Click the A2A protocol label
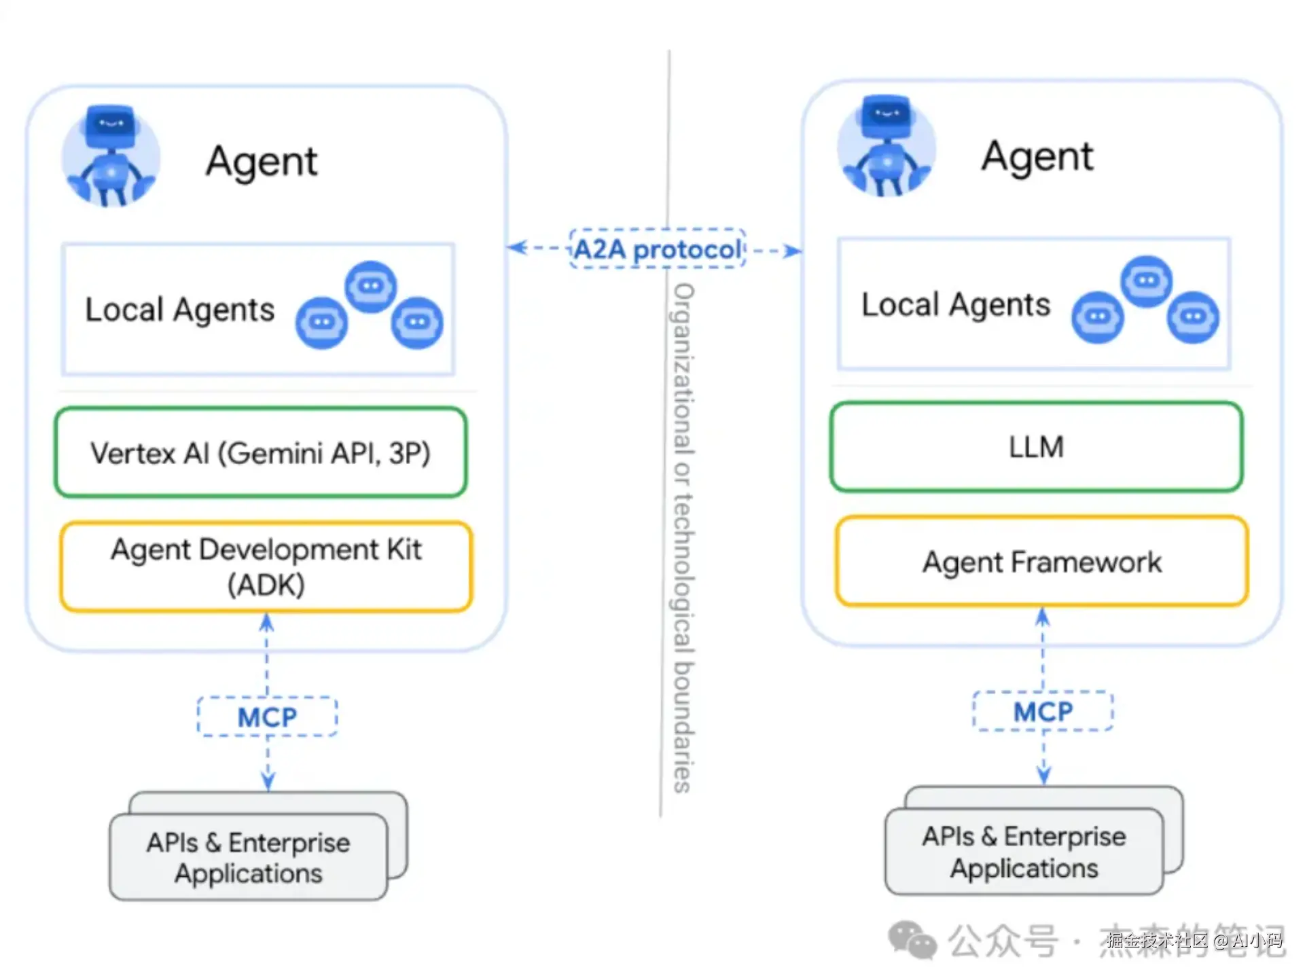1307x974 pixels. [657, 249]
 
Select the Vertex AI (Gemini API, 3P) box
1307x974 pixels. [261, 453]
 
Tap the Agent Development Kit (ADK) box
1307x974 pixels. [266, 567]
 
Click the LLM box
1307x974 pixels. [1036, 447]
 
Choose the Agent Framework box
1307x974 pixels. [1041, 562]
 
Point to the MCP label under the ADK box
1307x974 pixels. [267, 717]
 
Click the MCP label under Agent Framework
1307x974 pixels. [1043, 712]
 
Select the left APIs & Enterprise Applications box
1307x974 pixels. [249, 857]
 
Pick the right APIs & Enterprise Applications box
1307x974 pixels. [1024, 852]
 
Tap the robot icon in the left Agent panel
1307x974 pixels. [111, 156]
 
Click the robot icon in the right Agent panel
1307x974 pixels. [886, 147]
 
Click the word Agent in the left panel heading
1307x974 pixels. [262, 162]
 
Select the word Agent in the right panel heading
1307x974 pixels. [1037, 157]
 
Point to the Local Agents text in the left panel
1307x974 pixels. [179, 310]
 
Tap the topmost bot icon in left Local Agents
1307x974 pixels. [370, 286]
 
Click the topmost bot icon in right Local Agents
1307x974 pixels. [1146, 281]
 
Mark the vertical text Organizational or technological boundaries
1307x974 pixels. [683, 537]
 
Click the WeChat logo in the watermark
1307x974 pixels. [912, 940]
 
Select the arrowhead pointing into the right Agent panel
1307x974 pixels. [793, 251]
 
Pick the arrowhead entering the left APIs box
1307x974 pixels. [268, 781]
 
